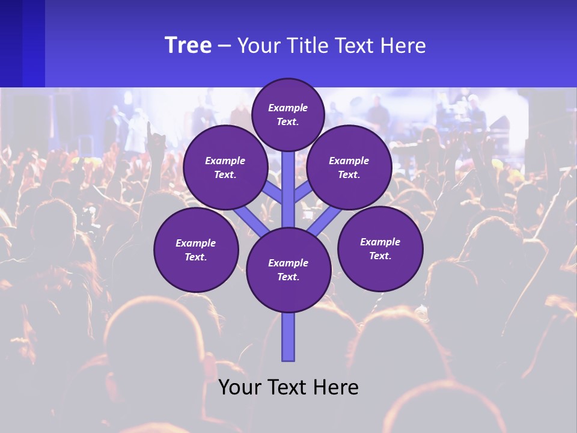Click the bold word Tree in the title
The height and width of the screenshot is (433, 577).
[x=188, y=46]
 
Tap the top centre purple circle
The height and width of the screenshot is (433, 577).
[x=288, y=114]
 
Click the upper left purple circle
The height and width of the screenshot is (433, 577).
[x=225, y=167]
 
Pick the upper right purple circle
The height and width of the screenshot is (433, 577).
[x=349, y=167]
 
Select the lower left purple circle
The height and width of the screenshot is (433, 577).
[x=196, y=250]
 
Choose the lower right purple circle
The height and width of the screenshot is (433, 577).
[x=380, y=248]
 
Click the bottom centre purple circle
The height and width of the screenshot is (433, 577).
[x=288, y=269]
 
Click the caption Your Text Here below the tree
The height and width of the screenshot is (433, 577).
[x=288, y=387]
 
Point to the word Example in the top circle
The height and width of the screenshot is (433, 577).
[x=288, y=108]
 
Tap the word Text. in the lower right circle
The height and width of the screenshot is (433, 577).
[x=380, y=256]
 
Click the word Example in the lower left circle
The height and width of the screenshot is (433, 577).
[x=195, y=243]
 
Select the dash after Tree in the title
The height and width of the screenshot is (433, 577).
[x=225, y=46]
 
